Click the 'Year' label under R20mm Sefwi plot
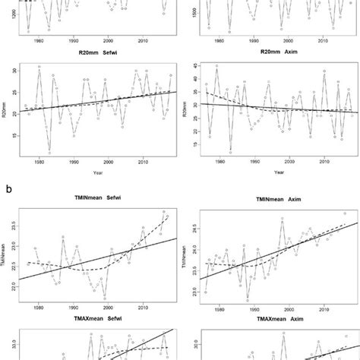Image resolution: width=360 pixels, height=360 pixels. click(x=100, y=172)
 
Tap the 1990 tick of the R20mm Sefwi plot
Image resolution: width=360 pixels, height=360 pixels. click(x=73, y=163)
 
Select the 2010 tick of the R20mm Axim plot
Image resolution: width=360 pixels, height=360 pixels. click(x=324, y=163)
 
